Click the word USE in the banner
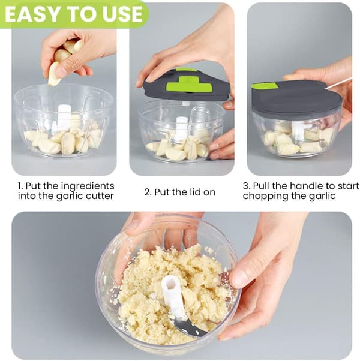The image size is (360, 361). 123,14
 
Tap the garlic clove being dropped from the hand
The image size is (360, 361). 54,74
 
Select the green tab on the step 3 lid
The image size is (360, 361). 265,86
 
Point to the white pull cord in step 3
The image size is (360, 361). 338,83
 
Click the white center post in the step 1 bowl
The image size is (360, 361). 64,118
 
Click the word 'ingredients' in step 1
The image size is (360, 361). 88,186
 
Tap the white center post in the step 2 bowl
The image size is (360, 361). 181,127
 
